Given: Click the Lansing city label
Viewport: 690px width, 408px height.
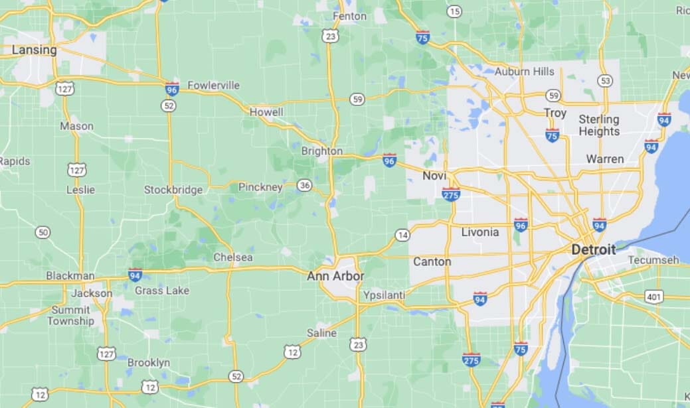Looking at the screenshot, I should click(35, 50).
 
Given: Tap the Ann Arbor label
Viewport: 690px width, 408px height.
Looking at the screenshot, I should click(335, 276).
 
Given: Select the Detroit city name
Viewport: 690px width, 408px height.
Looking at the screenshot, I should click(593, 249).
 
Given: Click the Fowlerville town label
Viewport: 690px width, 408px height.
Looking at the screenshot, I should click(213, 86).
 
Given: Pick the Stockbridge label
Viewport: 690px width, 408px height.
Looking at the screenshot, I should click(173, 190).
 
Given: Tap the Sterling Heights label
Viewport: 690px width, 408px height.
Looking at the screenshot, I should click(598, 125).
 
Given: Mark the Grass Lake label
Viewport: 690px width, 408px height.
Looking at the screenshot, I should click(161, 291).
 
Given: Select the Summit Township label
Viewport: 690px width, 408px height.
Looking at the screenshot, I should click(70, 315).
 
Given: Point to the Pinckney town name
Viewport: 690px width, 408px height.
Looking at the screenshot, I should click(260, 187).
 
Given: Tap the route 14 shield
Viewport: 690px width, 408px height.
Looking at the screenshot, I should click(402, 235).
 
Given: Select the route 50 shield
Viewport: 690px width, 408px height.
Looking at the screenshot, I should click(43, 232).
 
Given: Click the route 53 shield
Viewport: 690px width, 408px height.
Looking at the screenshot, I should click(604, 81).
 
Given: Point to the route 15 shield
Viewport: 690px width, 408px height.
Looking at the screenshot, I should click(454, 11).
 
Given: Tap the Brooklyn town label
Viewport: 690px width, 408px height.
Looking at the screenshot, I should click(149, 363).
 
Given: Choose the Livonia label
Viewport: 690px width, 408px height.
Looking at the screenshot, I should click(479, 232).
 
